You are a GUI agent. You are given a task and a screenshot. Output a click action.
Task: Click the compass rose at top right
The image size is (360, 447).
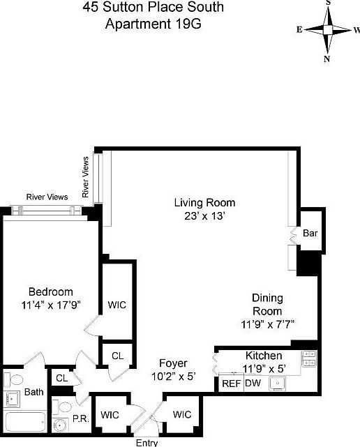coord(327,30)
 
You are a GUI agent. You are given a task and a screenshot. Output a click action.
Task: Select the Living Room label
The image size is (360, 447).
coord(204,203)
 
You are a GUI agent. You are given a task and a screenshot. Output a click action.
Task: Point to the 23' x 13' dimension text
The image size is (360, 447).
coord(204,216)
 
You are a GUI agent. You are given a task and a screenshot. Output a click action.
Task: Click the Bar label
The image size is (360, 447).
coord(310,234)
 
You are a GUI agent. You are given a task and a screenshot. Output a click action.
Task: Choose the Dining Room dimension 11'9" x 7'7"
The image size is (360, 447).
coord(267,324)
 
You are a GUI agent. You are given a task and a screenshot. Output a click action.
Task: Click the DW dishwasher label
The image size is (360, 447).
coord(252,383)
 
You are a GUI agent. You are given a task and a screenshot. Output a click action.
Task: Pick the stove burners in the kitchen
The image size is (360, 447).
coord(308,359)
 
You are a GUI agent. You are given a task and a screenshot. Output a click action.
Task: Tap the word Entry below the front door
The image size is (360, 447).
coord(147,442)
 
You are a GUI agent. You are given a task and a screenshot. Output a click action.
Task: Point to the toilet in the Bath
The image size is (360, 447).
coord(8,379)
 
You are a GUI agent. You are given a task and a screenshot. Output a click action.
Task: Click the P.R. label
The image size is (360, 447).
coord(80,418)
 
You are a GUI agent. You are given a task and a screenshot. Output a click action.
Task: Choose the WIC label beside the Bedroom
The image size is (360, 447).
coord(117,305)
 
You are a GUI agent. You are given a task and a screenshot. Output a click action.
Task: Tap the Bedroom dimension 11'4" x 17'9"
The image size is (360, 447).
coord(50,304)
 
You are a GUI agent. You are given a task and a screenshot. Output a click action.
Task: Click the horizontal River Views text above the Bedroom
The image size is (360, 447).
coord(47,197)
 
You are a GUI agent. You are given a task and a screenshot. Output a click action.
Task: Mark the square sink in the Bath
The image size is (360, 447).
coord(12,399)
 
